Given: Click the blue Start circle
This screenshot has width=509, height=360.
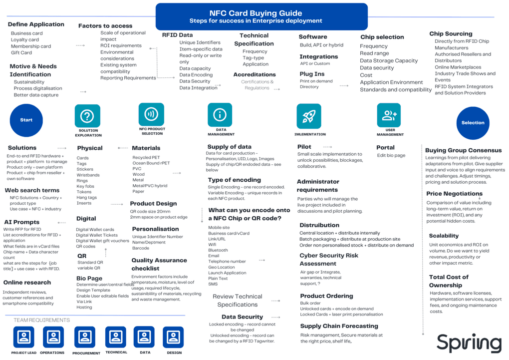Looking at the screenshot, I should coord(26,120).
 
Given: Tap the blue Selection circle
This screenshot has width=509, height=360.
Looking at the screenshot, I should coord(473,123).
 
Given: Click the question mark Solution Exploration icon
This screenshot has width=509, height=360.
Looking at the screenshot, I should coord(87,116).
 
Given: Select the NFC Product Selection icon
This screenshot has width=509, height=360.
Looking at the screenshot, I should coord(151,114).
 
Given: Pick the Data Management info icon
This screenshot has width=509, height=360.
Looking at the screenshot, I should coord(220,115).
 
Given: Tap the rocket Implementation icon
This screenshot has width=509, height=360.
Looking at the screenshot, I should coord(309,116).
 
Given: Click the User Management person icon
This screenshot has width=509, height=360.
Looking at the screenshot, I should coord(389,115).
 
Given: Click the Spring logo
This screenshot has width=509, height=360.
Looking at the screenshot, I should coord(469,343).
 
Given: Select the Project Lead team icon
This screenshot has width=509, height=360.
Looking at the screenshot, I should coord(23,337).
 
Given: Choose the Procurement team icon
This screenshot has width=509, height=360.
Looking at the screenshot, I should coord(85,338).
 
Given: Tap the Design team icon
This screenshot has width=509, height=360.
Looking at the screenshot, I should coord(173,337).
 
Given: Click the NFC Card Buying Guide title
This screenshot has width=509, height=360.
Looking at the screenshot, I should coord(255,13).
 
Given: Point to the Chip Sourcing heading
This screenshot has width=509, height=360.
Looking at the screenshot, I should coord(451,34).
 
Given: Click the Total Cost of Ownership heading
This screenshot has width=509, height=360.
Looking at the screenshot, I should coord(449,281).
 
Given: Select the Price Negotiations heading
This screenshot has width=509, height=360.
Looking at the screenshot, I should coord(454,194).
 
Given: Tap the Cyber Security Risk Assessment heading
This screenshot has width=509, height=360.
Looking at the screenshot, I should coord(329,259).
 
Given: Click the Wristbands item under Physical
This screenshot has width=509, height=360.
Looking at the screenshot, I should coord(88,175).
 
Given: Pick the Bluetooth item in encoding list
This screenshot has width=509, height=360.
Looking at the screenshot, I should coord(218,250).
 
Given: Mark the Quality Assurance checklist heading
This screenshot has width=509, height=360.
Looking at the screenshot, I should coord(159,264).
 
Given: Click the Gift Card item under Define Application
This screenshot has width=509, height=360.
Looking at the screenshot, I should coord(21,52).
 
